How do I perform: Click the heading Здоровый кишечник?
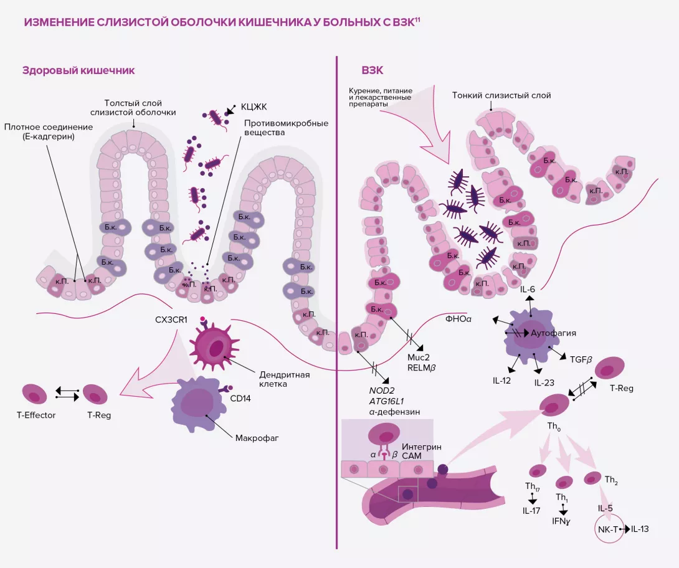78,70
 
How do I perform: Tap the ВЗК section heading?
372,70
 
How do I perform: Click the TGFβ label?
581,359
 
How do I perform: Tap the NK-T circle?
607,529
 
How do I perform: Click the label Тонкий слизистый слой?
501,95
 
